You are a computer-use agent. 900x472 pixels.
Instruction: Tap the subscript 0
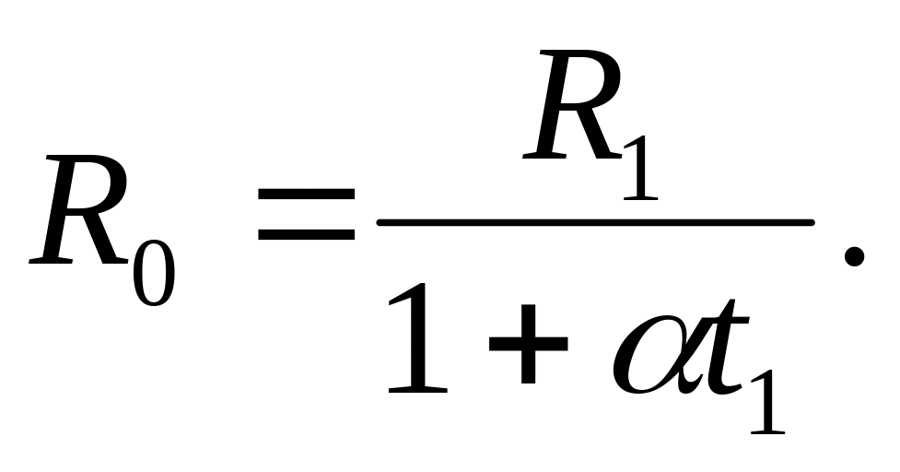(154, 273)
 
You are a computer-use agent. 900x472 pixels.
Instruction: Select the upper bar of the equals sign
(307, 194)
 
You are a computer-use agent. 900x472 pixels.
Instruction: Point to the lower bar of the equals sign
(307, 234)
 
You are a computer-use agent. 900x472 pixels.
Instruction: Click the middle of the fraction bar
(595, 223)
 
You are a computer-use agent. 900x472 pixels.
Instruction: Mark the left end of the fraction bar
(377, 223)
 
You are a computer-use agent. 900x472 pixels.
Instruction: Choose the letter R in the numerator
(573, 104)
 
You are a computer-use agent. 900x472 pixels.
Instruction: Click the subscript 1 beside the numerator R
(641, 168)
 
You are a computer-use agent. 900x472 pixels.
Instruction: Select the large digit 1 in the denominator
(418, 337)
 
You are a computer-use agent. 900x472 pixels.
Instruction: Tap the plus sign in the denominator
(528, 344)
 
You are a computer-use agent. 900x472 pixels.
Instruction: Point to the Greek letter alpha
(654, 354)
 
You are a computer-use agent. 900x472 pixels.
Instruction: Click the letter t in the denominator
(726, 348)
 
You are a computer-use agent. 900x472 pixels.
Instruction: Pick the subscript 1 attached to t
(768, 402)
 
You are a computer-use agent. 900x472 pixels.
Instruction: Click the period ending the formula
(854, 256)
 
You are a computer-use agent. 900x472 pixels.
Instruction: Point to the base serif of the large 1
(418, 390)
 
